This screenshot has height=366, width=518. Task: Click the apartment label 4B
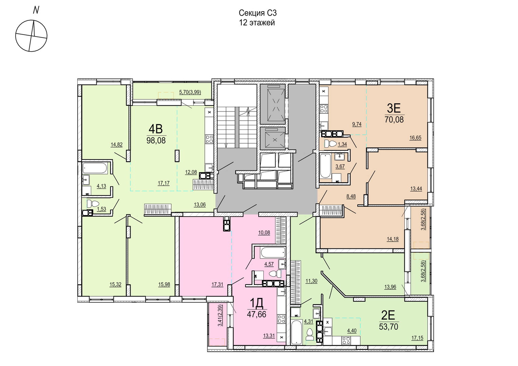(156, 129)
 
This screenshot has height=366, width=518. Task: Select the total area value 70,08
(394, 120)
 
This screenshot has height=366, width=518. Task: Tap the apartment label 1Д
(257, 303)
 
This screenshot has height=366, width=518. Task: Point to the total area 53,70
(389, 327)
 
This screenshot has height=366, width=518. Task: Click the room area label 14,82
(117, 145)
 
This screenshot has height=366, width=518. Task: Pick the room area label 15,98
(164, 284)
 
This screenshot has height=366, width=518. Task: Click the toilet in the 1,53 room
(93, 204)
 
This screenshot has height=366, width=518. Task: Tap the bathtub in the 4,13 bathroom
(95, 168)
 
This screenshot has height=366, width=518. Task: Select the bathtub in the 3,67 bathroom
(325, 165)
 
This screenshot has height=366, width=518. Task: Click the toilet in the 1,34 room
(330, 144)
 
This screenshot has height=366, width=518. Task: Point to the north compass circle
(32, 36)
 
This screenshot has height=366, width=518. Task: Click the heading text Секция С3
(258, 13)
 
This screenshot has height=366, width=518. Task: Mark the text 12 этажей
(257, 23)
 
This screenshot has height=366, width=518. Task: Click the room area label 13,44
(416, 189)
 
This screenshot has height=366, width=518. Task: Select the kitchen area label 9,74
(357, 124)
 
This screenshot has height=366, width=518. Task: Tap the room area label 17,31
(217, 284)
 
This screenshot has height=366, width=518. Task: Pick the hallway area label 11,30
(311, 281)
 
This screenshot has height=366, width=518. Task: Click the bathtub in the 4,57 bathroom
(273, 253)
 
